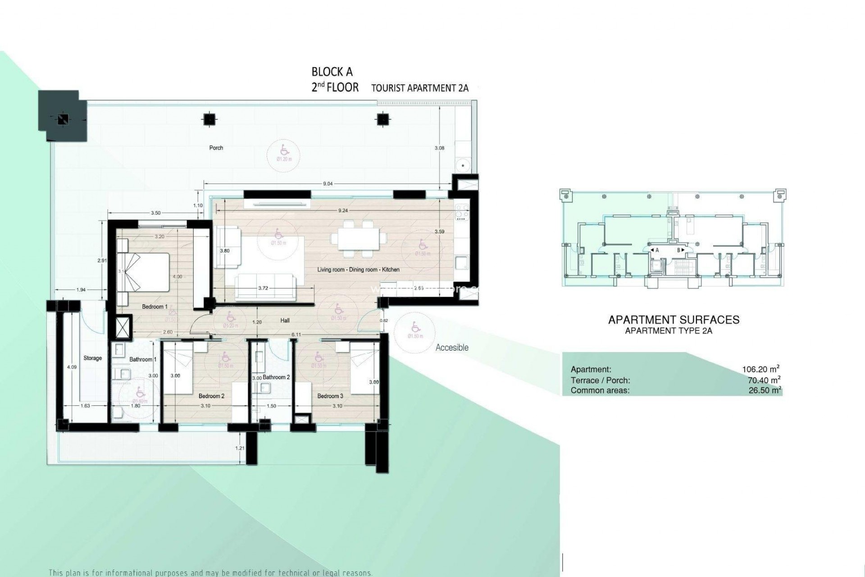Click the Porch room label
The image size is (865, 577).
pos(216,148)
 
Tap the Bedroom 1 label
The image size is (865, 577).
pos(155,307)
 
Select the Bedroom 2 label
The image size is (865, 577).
pos(211,396)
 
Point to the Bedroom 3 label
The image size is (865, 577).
pos(330,396)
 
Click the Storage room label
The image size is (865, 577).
pos(92,358)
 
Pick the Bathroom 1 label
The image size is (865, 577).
pos(143,360)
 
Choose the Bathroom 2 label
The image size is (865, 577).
pos(276,377)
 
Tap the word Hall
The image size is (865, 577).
pos(284,321)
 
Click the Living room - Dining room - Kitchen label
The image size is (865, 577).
pos(358,270)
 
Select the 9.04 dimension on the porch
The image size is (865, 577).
pos(328,184)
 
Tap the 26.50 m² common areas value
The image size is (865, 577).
pos(765,390)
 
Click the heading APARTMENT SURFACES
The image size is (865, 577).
pos(674,320)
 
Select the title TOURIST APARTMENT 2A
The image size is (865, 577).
pos(419,88)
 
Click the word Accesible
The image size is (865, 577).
pos(452,348)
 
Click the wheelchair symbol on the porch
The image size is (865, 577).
pos(284,149)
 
